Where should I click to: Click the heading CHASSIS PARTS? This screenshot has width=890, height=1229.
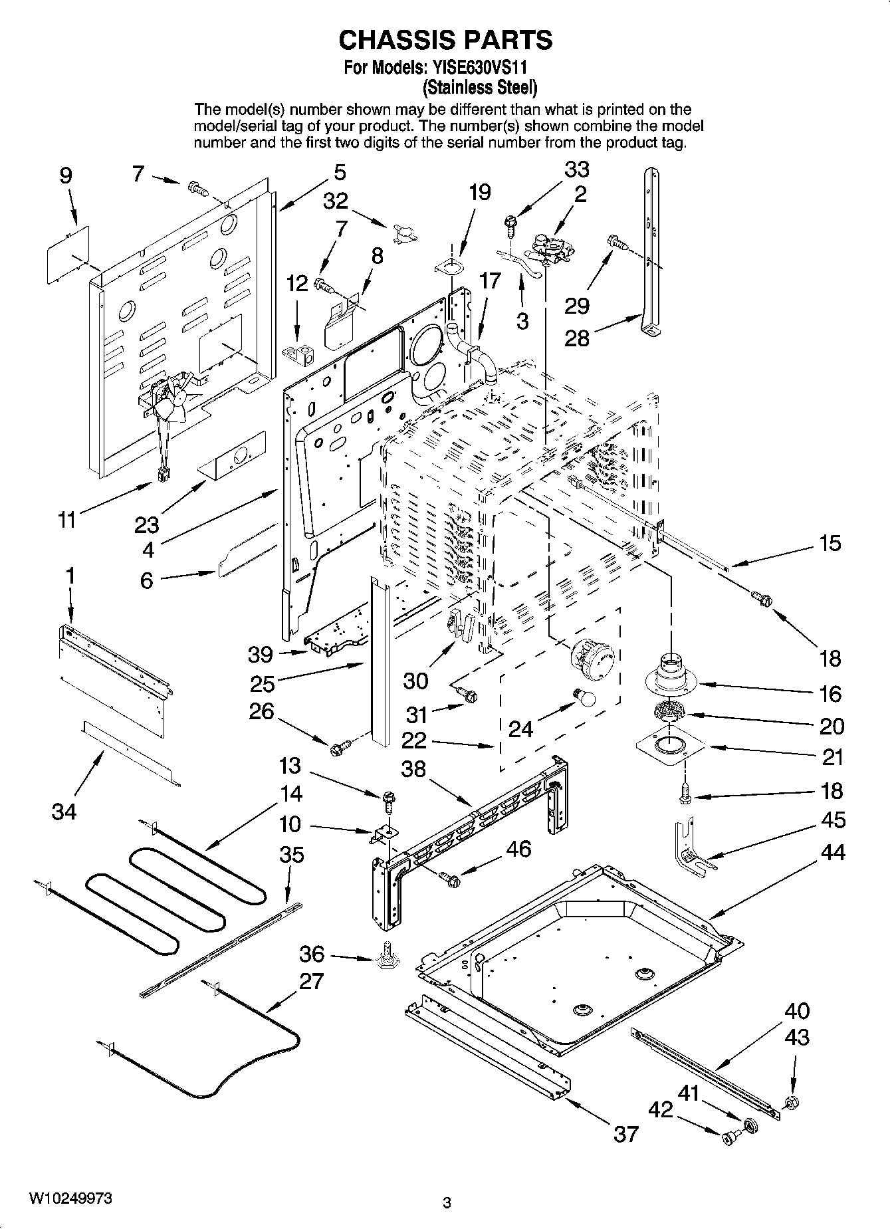point(445,40)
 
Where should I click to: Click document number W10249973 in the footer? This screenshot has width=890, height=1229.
point(70,1198)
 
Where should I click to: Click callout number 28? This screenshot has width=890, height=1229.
point(576,338)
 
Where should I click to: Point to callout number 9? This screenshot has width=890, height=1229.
point(65,175)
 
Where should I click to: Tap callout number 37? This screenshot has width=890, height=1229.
point(625,1133)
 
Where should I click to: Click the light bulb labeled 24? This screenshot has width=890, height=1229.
point(585,697)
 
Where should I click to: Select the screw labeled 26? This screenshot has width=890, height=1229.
point(337,748)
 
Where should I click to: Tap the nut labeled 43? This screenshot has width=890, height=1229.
point(791,1103)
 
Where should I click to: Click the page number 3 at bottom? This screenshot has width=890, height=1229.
point(447,1202)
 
